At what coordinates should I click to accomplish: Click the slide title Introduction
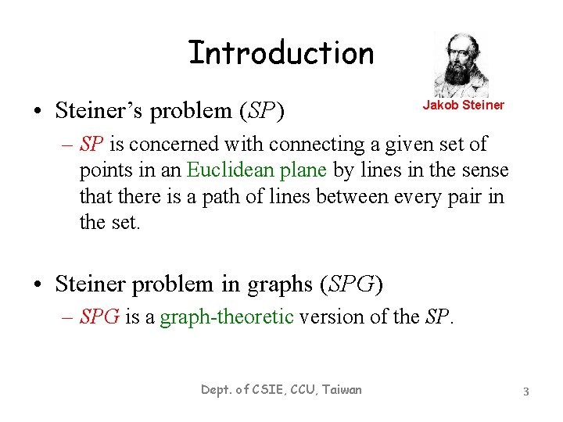pos(281,53)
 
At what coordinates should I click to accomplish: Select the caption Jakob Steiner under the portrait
pos(464,105)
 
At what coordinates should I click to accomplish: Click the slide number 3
pos(526,391)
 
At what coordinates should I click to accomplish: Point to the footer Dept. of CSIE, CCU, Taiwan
pos(281,389)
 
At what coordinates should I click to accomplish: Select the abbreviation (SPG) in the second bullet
pos(351,284)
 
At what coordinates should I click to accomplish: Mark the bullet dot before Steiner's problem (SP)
pos(38,112)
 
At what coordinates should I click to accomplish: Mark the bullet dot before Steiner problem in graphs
pos(38,285)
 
